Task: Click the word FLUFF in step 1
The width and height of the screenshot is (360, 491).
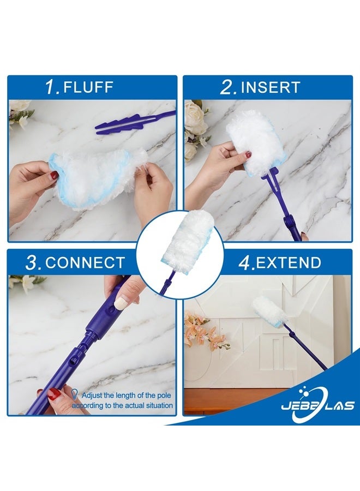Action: (x=89, y=87)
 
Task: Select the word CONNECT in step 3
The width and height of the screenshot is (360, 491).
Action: (x=85, y=262)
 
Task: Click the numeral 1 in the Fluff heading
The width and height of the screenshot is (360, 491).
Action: (x=52, y=87)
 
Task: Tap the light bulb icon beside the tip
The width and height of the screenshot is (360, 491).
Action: (x=74, y=393)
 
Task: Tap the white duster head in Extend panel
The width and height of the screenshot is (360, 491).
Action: (x=267, y=311)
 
